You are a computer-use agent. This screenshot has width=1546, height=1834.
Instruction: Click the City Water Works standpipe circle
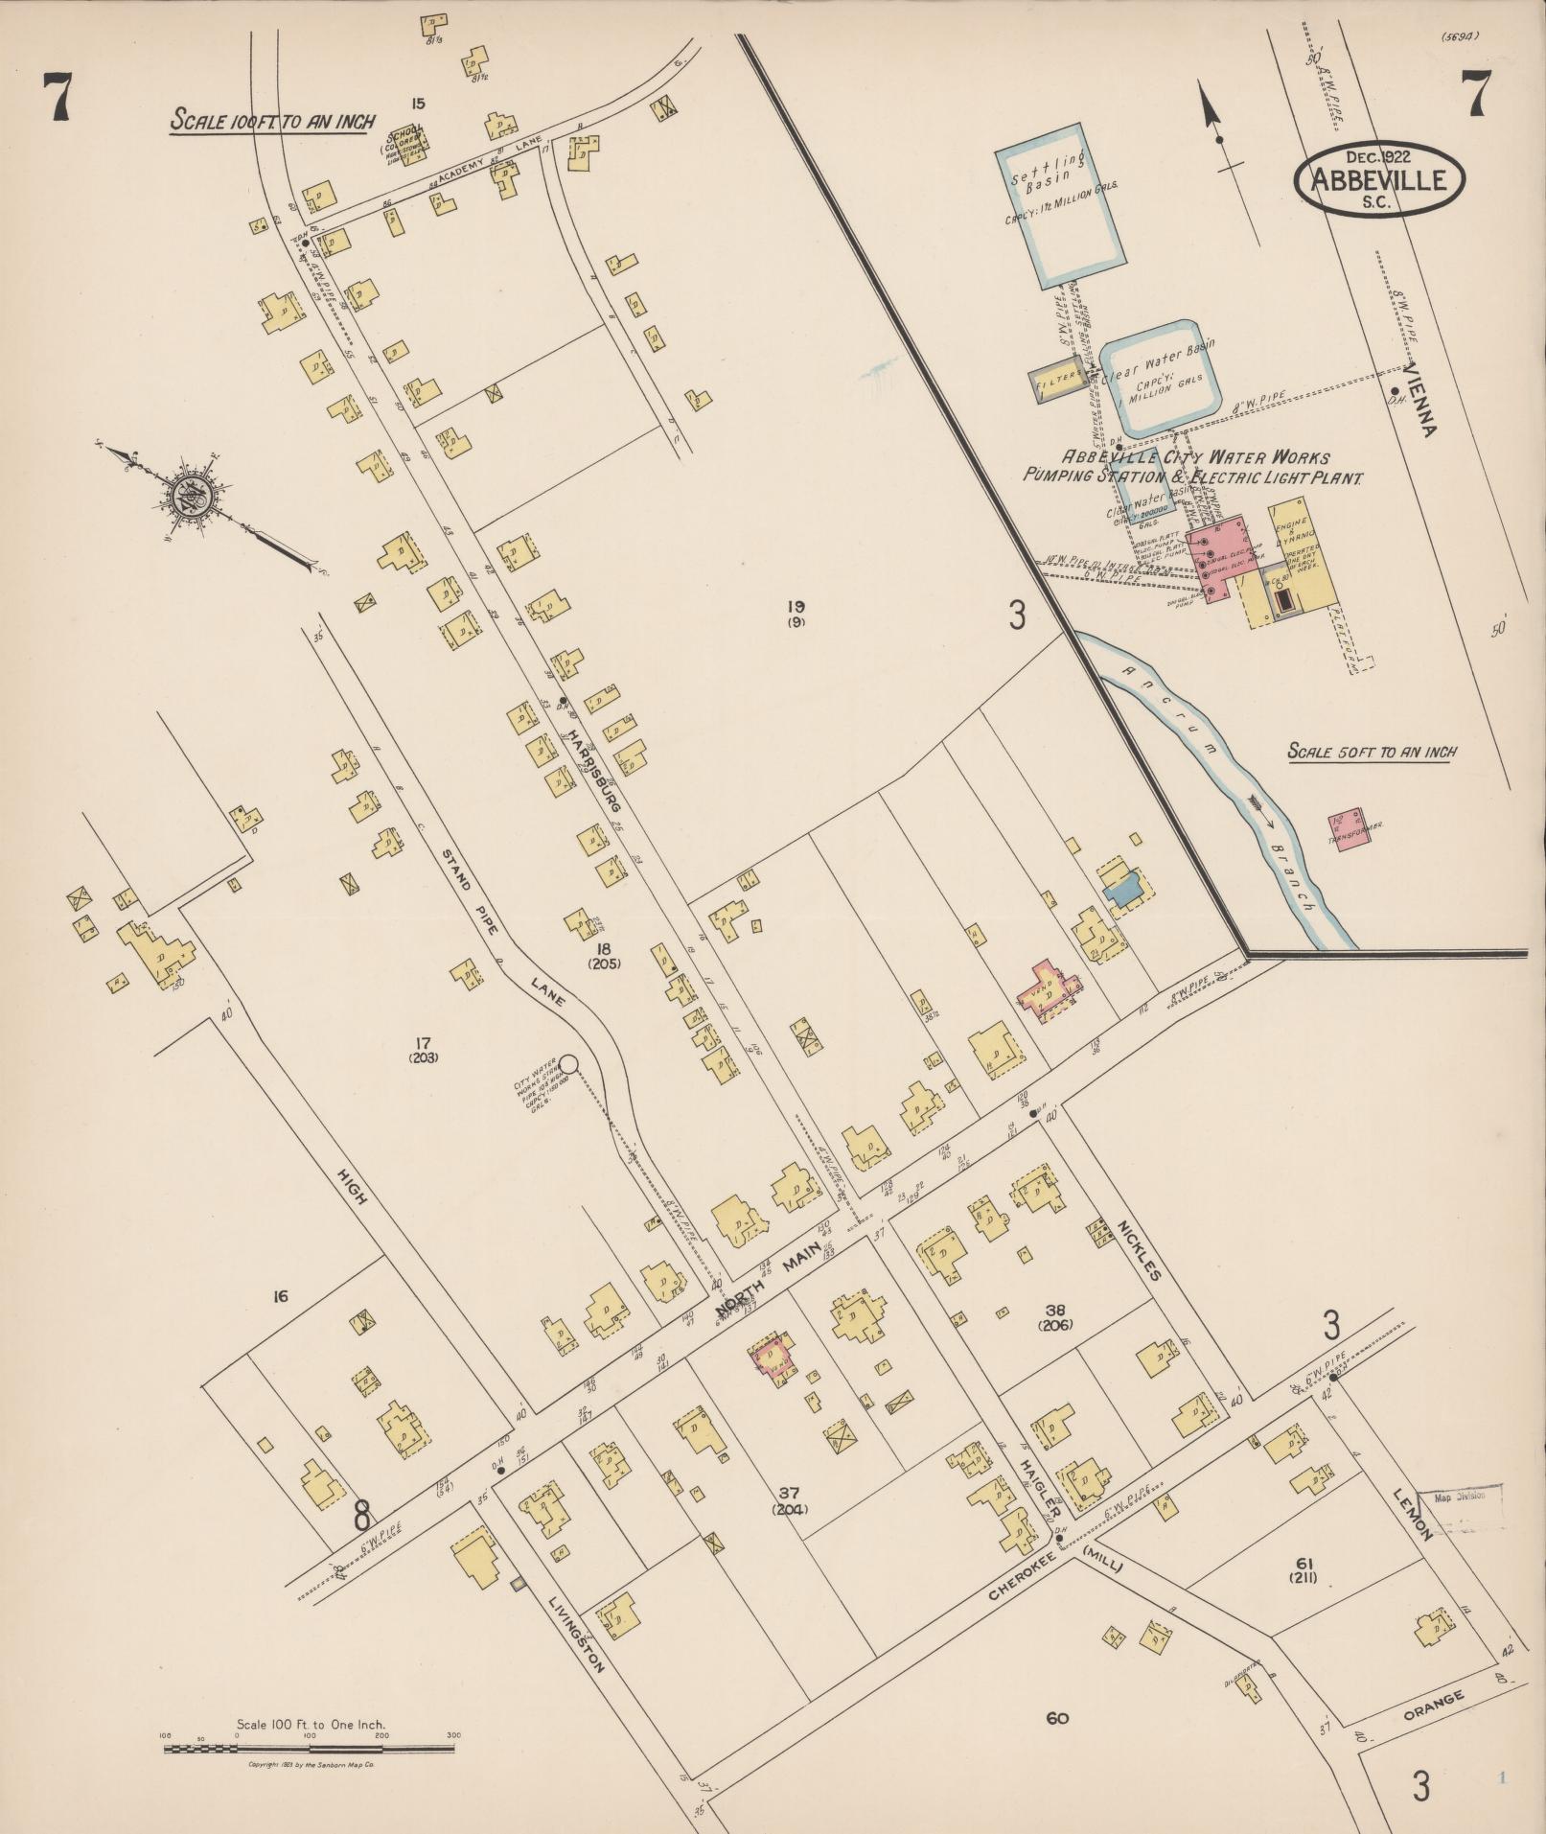click(568, 1062)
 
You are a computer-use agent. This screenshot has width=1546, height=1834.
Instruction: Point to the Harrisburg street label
click(590, 774)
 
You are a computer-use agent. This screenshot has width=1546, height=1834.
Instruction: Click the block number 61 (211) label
click(1303, 1569)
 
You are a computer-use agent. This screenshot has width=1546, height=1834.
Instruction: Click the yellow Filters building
click(1058, 381)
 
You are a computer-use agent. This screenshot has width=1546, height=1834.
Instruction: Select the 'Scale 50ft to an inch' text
click(1372, 752)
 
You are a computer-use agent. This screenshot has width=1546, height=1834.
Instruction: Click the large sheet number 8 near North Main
click(361, 1516)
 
